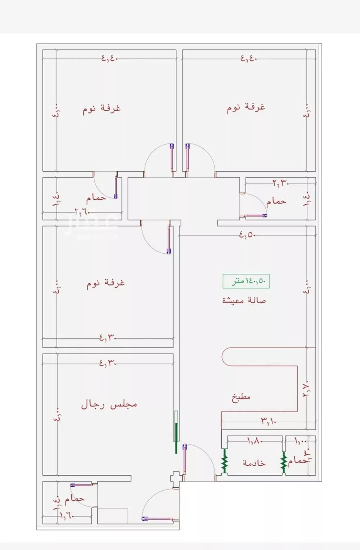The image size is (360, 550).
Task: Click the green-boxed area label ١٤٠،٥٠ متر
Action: [x=246, y=281]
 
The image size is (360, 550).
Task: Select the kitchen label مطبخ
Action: [x=241, y=397]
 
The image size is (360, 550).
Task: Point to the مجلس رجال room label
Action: [x=109, y=404]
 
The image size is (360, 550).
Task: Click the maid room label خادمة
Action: [x=254, y=463]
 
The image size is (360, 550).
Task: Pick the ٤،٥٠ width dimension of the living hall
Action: [x=247, y=235]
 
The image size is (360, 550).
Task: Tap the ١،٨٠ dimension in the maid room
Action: [x=255, y=441]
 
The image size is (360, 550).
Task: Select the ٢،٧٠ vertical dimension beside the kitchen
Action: [x=307, y=389]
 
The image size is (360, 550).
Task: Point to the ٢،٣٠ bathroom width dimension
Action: [x=281, y=183]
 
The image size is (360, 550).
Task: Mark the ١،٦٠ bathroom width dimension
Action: [x=67, y=515]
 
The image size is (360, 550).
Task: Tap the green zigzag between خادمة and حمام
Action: [x=284, y=462]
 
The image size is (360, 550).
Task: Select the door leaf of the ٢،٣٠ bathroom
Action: [x=256, y=216]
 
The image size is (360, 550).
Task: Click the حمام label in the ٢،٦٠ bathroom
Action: [x=96, y=198]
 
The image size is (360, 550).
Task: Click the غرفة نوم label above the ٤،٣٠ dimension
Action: [x=105, y=283]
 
